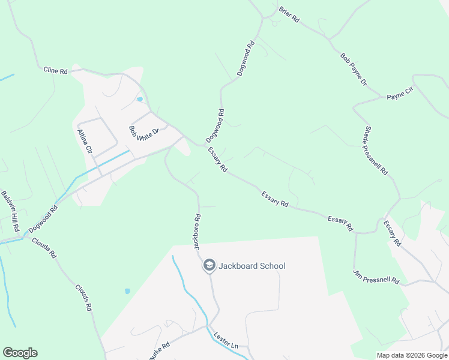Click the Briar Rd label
click(x=289, y=14)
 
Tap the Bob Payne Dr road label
click(x=353, y=69)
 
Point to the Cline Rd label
click(x=55, y=70)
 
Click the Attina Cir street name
click(x=85, y=142)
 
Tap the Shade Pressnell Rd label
click(x=376, y=151)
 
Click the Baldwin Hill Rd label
click(x=11, y=212)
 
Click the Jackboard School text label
click(x=252, y=266)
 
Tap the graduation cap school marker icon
click(x=209, y=265)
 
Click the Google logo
click(x=20, y=353)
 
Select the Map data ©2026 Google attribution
click(x=412, y=355)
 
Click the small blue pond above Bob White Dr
click(x=139, y=99)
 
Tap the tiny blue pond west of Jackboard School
click(x=127, y=291)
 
